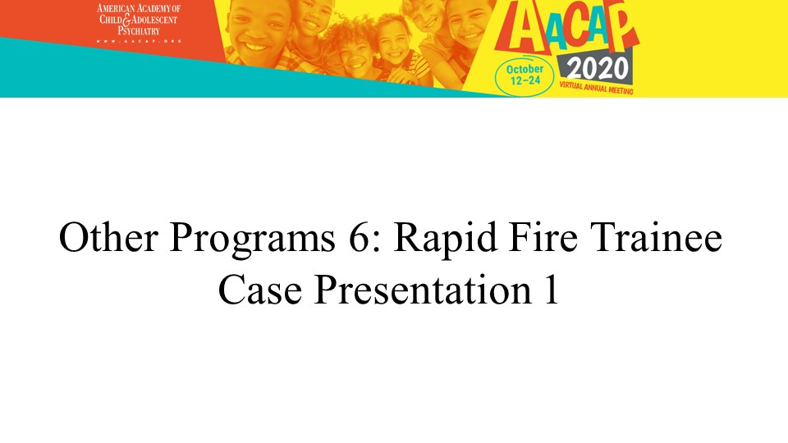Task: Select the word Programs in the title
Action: [252, 240]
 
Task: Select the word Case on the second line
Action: [260, 290]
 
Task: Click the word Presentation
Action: [423, 290]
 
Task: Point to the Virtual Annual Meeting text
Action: [596, 88]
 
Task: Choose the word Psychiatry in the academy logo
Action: [139, 30]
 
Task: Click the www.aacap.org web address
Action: [139, 41]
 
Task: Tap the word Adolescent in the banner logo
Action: [155, 20]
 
